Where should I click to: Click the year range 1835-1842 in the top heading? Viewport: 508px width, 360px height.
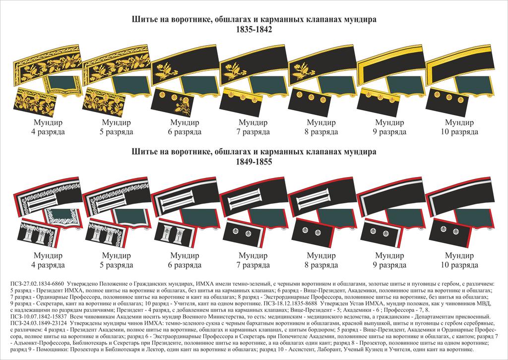click(254, 30)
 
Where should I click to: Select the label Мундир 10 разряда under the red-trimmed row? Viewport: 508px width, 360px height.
click(459, 260)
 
